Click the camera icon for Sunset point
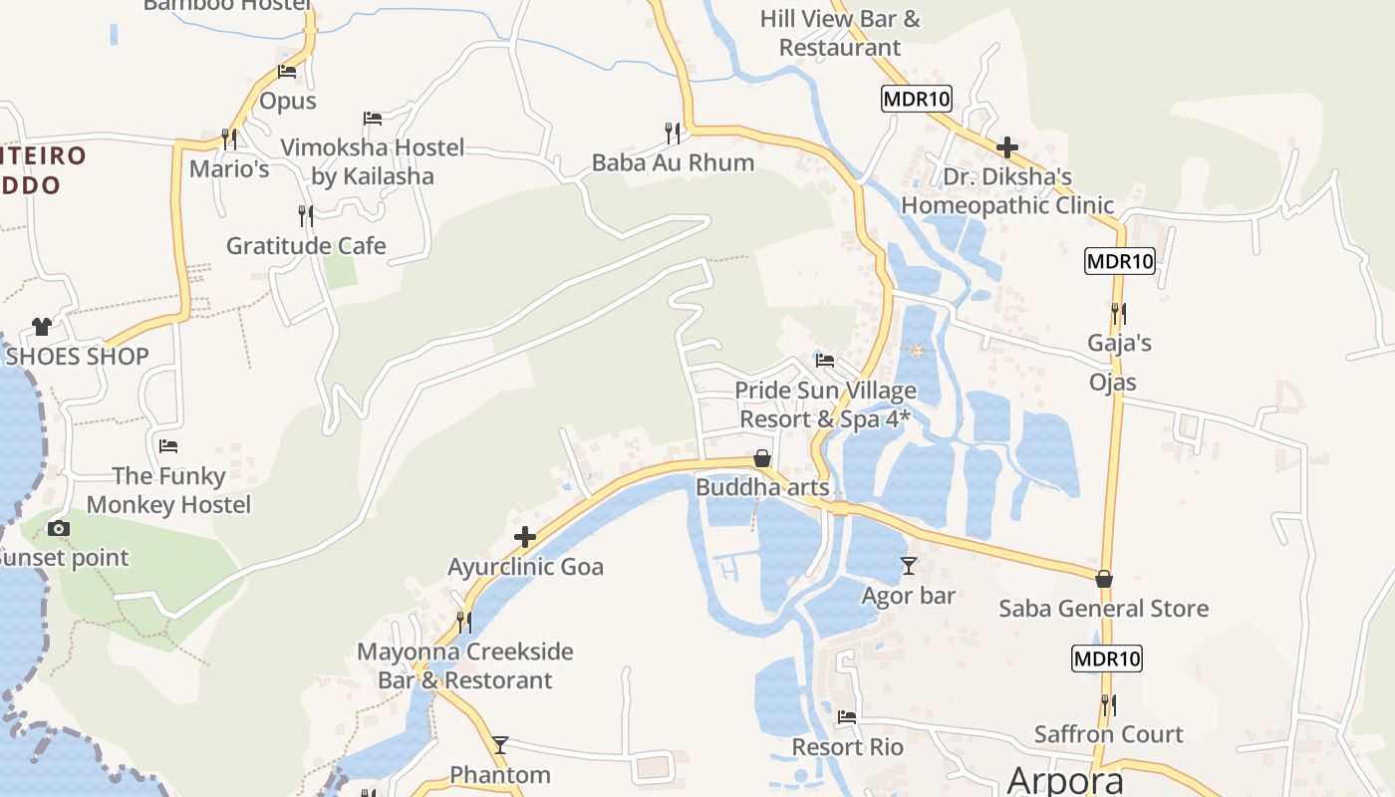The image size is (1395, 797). (x=59, y=529)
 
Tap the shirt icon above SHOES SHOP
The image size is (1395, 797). (x=41, y=326)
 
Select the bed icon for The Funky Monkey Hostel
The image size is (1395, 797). (x=168, y=445)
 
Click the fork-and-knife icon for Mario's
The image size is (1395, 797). (x=229, y=138)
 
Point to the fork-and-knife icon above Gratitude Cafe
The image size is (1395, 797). (x=306, y=214)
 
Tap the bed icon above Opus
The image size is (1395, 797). (x=287, y=71)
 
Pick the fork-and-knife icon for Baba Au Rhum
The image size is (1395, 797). (x=673, y=132)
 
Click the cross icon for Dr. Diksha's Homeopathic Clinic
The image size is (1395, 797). (x=1007, y=147)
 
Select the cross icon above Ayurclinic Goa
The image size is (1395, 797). (x=525, y=538)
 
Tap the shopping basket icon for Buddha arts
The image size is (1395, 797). (x=762, y=458)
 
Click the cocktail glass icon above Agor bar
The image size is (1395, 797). (x=909, y=566)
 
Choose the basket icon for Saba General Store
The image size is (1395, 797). (x=1104, y=579)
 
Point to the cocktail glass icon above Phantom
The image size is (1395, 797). (x=500, y=744)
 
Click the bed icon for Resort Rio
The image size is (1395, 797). (x=847, y=716)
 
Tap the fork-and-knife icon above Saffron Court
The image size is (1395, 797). (x=1108, y=704)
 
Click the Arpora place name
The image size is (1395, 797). (x=1065, y=780)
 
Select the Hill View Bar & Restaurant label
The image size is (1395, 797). (x=840, y=33)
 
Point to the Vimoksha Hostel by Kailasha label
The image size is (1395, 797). (x=373, y=162)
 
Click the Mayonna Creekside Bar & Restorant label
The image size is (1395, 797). (x=465, y=665)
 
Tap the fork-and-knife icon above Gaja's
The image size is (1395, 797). (x=1119, y=314)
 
